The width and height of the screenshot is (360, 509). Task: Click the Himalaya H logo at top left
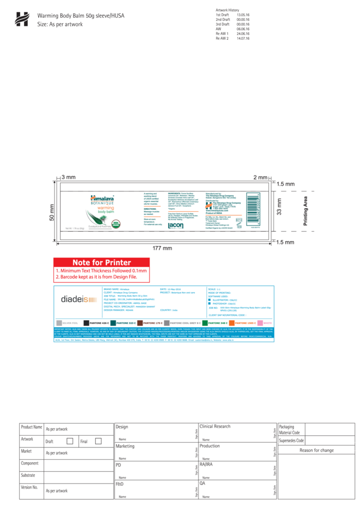22,19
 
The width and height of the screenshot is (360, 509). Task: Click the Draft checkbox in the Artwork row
70,441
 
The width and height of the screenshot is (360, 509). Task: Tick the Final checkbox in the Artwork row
98,441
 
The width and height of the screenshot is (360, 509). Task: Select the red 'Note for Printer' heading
101,263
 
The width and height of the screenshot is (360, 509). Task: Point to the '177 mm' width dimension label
163,248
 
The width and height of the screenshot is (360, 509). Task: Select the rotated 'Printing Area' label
306,210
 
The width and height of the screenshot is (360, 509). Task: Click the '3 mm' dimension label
68,177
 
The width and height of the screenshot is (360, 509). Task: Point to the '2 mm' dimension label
260,177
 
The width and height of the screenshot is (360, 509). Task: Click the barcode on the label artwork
253,206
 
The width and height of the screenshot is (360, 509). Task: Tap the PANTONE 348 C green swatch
205,323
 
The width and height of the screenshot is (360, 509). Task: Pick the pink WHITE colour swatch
260,323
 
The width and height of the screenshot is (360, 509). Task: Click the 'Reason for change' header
316,450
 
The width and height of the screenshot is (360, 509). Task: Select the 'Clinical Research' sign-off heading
215,427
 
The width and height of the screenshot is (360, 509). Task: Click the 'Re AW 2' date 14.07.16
242,38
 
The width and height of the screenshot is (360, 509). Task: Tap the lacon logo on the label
176,224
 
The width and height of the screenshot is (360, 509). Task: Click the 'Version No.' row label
30,488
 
